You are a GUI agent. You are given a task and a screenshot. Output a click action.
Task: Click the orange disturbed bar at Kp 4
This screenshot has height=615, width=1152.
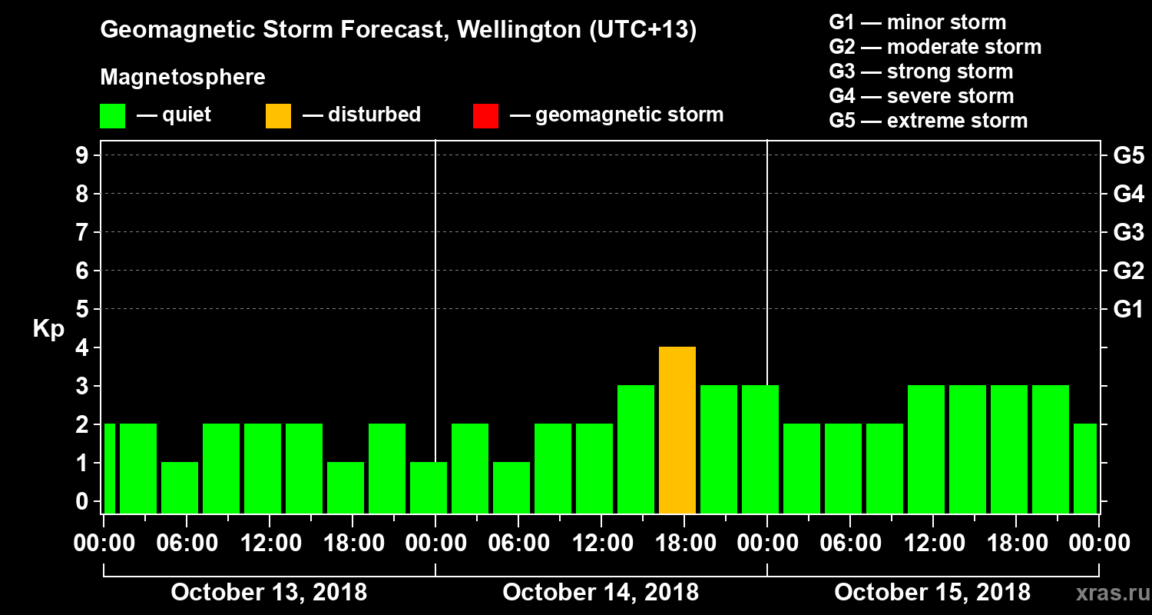click(x=677, y=430)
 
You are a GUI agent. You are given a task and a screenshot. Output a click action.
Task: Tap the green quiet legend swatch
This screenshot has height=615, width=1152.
click(x=112, y=116)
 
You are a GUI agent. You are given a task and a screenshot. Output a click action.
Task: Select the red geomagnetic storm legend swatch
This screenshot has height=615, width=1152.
click(x=485, y=116)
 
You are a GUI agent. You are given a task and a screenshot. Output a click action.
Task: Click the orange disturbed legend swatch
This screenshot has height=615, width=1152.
click(x=278, y=116)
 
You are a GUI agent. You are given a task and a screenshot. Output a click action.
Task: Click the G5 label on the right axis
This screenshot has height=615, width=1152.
click(x=1128, y=156)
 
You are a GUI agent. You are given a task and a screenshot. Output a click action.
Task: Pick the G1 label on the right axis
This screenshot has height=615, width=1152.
click(x=1128, y=310)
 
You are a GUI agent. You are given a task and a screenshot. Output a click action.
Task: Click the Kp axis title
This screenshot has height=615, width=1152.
click(x=48, y=329)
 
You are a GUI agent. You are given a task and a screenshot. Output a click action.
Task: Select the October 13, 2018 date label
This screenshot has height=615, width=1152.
click(x=269, y=593)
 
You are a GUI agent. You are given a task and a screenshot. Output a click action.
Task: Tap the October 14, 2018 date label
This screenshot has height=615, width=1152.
click(x=601, y=593)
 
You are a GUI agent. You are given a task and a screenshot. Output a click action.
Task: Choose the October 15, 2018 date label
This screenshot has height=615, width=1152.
click(x=932, y=593)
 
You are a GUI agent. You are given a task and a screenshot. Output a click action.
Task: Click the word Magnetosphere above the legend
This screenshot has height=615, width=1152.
click(x=183, y=78)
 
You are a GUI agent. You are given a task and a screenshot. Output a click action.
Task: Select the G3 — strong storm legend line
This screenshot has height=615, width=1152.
click(x=921, y=71)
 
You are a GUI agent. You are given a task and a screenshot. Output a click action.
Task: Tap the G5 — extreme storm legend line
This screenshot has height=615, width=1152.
click(x=928, y=121)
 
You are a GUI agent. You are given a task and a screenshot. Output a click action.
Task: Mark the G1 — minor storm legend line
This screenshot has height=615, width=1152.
click(x=917, y=22)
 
